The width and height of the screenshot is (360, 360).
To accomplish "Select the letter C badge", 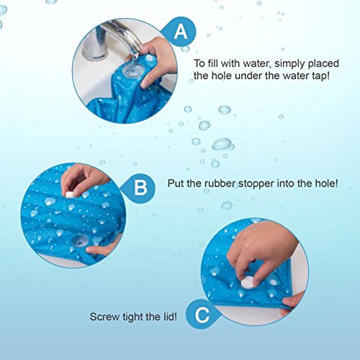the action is pos(202,314).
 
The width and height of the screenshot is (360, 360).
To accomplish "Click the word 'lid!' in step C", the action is pos(171,317).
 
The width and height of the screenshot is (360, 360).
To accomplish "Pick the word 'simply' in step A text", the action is pos(290,64).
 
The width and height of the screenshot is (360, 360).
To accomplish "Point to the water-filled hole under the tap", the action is pos(131,71).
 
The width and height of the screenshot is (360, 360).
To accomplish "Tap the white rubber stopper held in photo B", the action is pos(70,194).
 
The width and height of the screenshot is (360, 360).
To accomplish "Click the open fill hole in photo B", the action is pos(80,240).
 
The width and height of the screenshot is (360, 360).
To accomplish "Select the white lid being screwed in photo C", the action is pos(248,282).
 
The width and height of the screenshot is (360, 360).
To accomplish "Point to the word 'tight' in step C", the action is pos(133,317).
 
